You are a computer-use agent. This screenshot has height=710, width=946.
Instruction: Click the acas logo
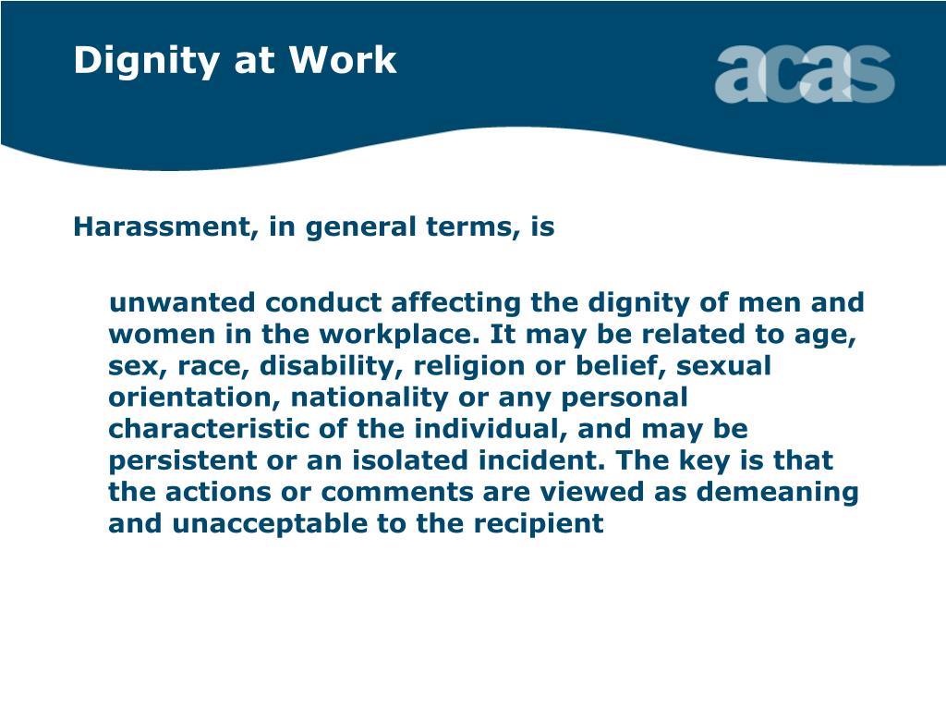pyautogui.click(x=804, y=74)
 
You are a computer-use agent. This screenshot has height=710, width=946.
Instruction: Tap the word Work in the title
pyautogui.click(x=343, y=60)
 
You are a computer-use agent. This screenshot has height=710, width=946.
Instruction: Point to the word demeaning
pyautogui.click(x=777, y=492)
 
